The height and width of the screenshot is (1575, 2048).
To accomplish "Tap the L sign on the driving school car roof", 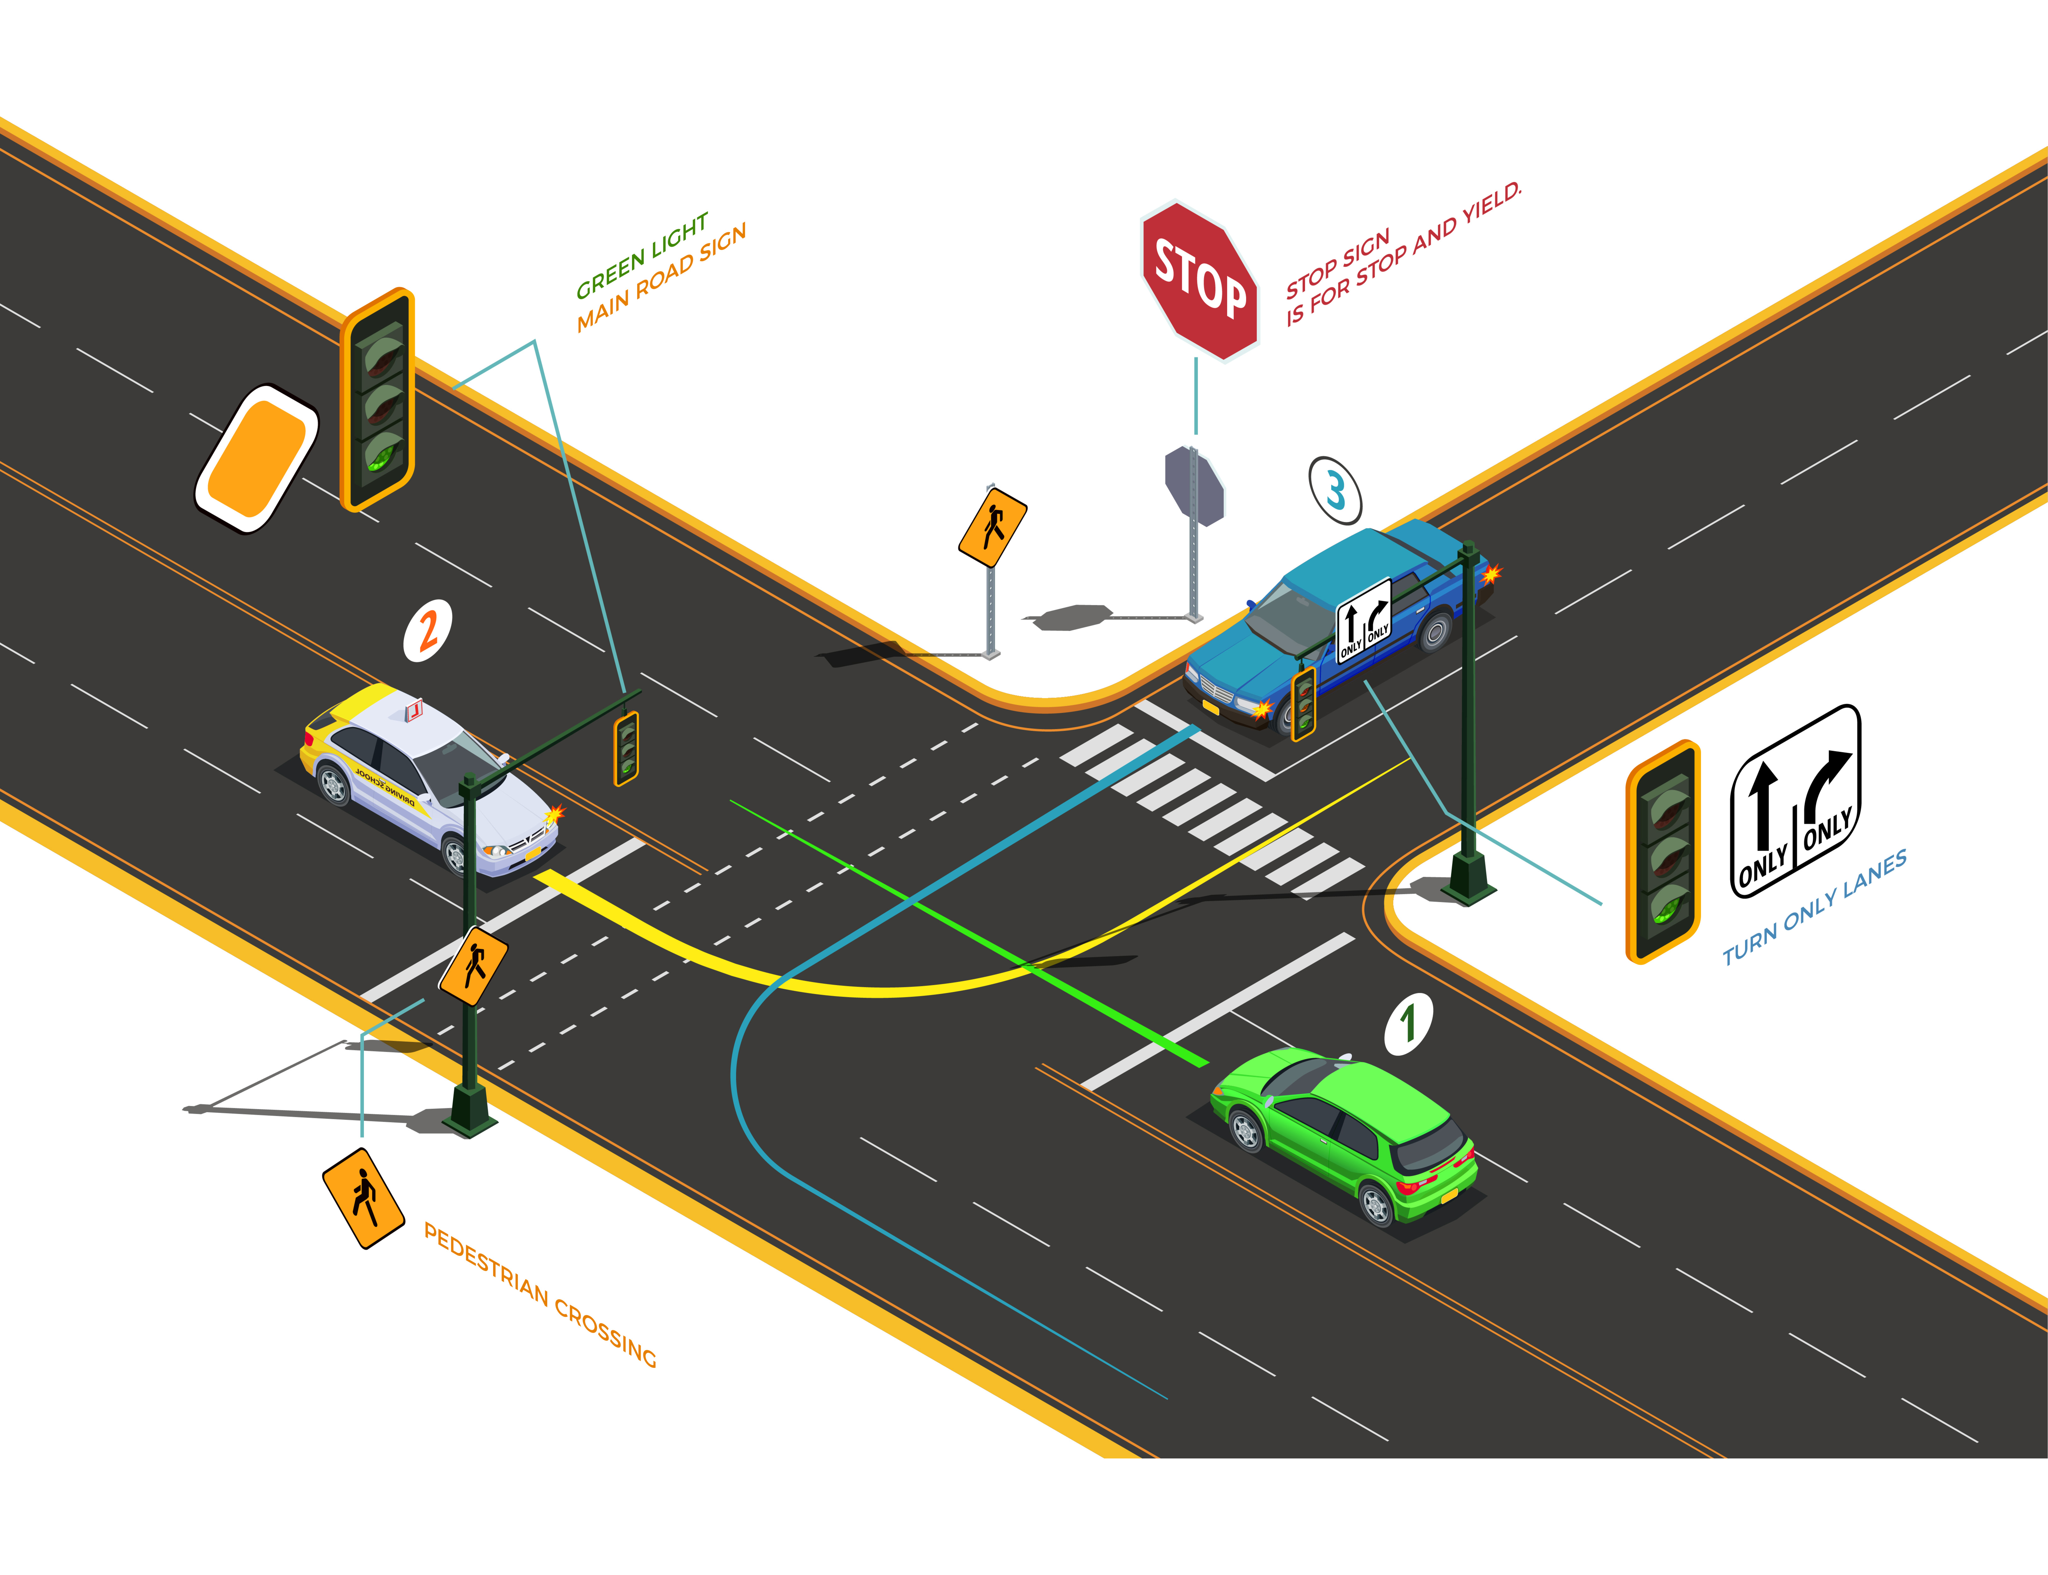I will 413,710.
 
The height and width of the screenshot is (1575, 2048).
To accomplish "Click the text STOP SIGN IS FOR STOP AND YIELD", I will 1402,255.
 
